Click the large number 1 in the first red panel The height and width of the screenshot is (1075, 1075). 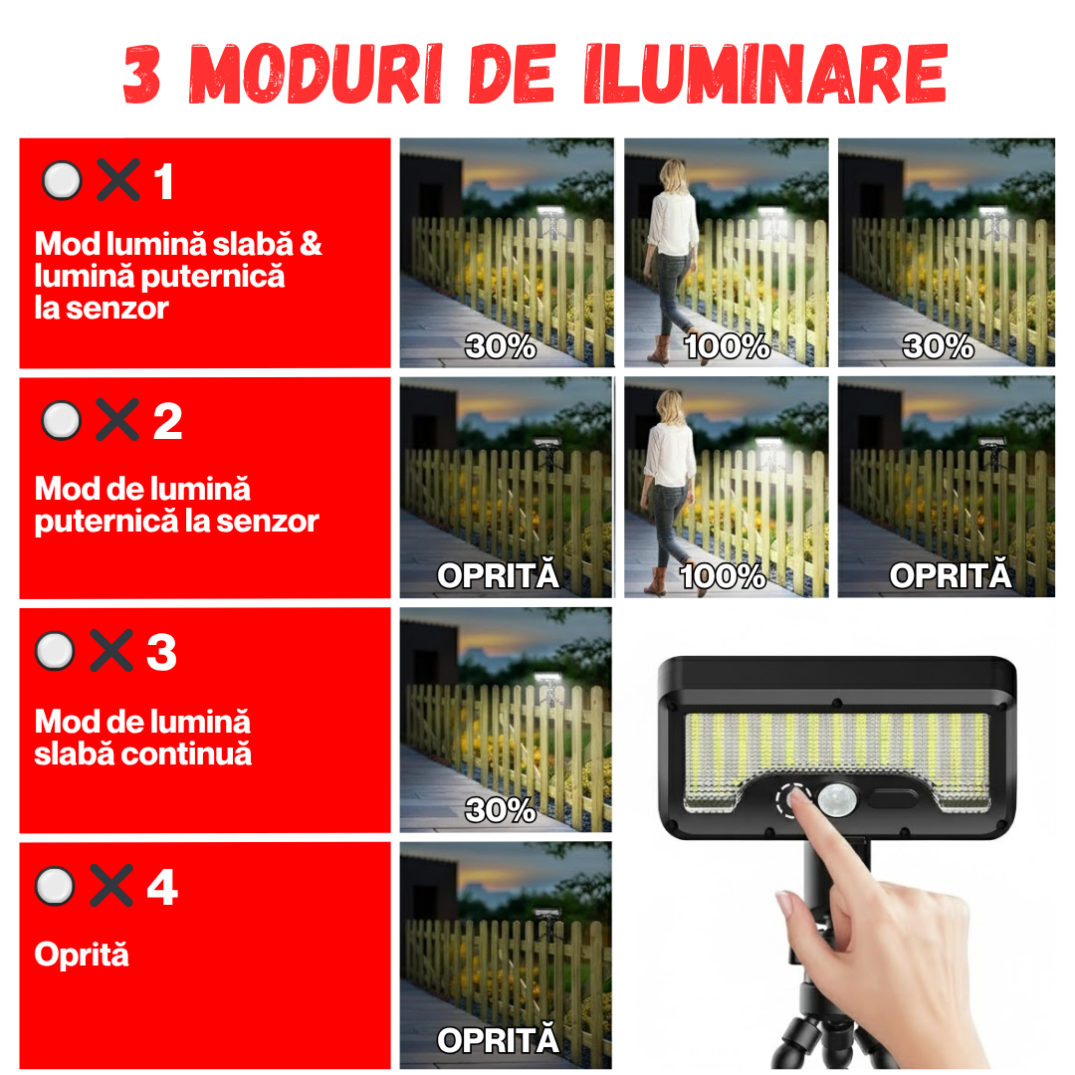coord(164,183)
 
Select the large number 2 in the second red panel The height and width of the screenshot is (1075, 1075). coord(167,422)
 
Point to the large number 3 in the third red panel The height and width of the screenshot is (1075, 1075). coord(161,652)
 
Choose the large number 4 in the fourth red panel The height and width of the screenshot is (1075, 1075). coord(162,886)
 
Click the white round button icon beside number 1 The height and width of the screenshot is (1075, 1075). coord(62,181)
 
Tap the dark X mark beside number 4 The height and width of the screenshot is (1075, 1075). coord(110,885)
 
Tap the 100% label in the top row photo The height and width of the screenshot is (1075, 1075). coord(727,346)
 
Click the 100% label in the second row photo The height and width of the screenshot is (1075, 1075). coord(723,575)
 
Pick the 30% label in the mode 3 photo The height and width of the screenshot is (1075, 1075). coord(501,810)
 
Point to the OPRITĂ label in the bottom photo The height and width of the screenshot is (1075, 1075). coord(498,1041)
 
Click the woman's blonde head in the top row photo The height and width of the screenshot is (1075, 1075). coord(672,175)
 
